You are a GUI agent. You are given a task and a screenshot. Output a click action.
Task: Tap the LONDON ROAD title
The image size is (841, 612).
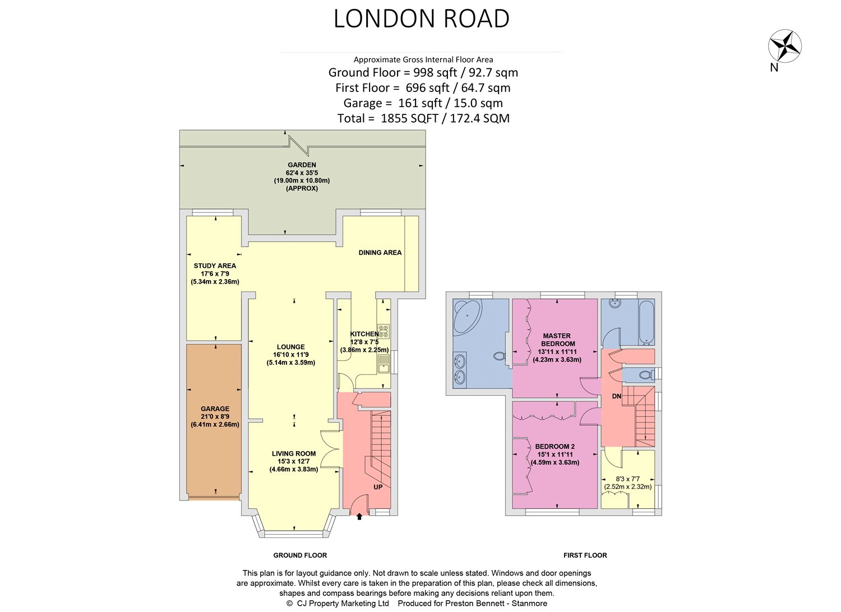421,18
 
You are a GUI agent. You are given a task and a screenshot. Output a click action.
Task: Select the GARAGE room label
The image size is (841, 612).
215,409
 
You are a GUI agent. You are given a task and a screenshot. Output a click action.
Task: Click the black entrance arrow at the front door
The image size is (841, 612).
359,517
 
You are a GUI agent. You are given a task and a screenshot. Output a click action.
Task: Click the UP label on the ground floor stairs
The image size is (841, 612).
378,487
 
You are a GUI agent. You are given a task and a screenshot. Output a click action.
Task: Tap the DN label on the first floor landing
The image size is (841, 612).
617,396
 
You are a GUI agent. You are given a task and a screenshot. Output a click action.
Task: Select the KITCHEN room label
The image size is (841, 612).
364,334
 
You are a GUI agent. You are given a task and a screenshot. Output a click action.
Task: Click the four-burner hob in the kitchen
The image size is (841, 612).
383,331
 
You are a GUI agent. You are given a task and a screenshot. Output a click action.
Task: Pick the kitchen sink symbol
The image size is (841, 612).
383,364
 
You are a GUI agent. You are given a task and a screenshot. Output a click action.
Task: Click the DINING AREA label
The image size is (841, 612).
380,253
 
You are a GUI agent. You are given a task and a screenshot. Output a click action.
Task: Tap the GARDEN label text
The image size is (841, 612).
302,165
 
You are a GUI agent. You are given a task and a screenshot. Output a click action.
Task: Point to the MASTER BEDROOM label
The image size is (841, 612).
557,340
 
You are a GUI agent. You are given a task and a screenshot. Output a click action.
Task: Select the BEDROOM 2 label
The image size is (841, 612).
555,447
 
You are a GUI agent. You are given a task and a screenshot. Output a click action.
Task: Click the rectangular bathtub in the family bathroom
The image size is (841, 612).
646,322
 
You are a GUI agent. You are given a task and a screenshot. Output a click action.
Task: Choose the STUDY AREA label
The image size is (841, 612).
215,266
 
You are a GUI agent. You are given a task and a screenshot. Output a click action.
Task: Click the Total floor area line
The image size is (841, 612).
423,118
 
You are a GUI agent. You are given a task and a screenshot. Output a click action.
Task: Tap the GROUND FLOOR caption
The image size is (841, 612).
300,555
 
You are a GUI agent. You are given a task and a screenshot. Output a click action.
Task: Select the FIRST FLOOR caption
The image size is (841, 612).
585,555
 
